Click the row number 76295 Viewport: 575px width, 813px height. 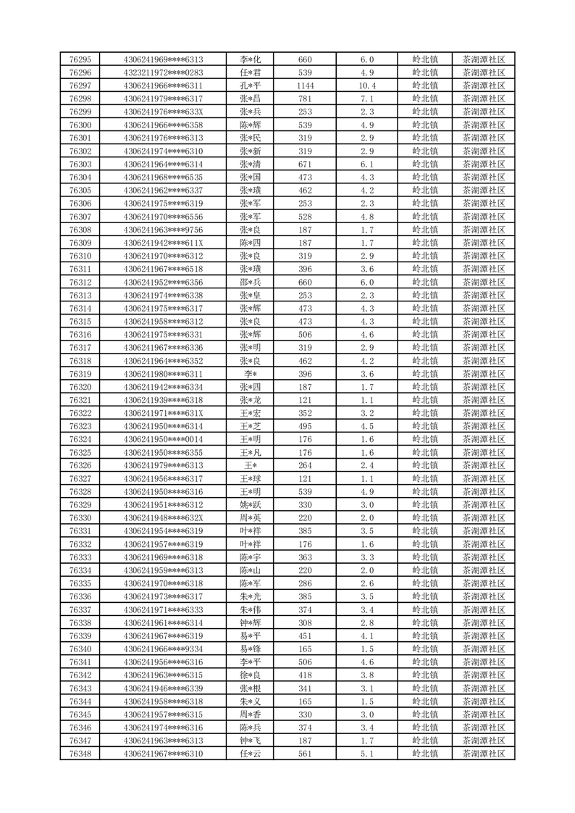[80, 59]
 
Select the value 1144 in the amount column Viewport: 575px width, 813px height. [305, 86]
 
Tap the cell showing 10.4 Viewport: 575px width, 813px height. [366, 86]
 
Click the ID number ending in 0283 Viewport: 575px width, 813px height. [164, 72]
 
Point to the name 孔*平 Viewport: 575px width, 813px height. [251, 86]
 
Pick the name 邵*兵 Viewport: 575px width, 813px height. [251, 282]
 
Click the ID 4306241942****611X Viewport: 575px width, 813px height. [164, 243]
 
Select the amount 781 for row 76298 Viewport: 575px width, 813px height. [305, 99]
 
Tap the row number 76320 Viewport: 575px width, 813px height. [80, 387]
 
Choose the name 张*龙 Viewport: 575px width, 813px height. [251, 400]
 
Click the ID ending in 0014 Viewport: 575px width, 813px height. [164, 439]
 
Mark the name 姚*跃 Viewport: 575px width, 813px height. [251, 504]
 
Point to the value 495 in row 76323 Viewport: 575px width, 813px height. [305, 426]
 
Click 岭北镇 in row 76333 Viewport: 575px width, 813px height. [424, 557]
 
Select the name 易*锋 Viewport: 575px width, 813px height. [251, 649]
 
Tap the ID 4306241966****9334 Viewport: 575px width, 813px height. [164, 649]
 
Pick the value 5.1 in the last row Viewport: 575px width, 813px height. [366, 754]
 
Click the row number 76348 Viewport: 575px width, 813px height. [80, 754]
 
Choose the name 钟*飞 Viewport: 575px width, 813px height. [251, 741]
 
